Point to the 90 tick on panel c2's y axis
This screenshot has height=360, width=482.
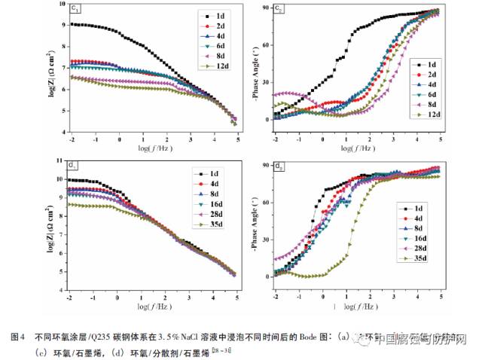pyautogui.click(x=264, y=8)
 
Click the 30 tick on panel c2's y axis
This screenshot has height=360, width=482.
pyautogui.click(x=264, y=83)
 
